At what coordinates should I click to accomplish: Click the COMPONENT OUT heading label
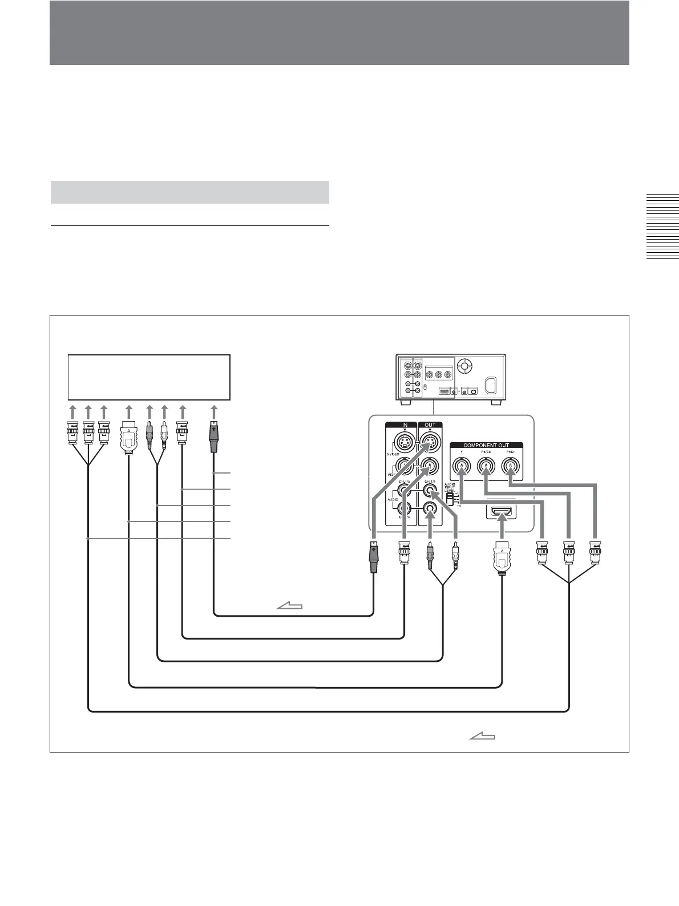(x=486, y=445)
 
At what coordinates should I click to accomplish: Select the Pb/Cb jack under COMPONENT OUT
(x=486, y=467)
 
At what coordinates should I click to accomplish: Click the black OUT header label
(x=430, y=425)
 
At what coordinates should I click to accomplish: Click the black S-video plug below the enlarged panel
(x=373, y=559)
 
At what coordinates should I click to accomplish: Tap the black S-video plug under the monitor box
(x=214, y=434)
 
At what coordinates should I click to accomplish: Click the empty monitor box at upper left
(x=149, y=377)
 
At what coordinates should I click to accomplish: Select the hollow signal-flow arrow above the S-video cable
(x=289, y=607)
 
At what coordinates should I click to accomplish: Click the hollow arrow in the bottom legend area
(x=482, y=737)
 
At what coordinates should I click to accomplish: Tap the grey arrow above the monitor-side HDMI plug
(x=129, y=411)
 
